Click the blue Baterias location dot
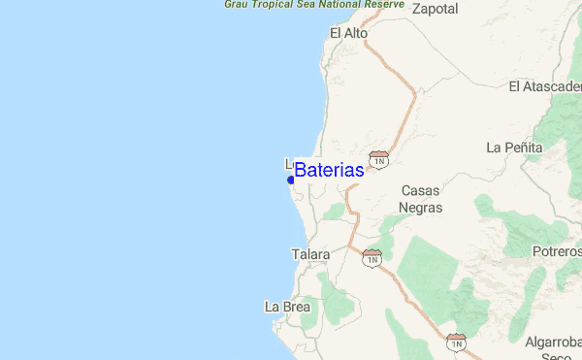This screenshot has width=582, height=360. coord(290,180)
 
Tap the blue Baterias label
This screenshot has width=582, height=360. coord(330,170)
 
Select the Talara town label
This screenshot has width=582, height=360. coord(310,255)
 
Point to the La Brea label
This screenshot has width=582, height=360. coord(287,307)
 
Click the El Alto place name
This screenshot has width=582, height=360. coord(349,33)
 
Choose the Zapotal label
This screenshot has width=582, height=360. coord(436,9)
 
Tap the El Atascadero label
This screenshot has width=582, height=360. coord(544,87)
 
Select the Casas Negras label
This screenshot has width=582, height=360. coord(421,199)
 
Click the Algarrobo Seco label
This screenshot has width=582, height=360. coord(554,348)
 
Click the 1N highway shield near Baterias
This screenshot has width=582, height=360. coord(378,157)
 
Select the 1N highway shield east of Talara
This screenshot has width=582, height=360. coord(372,257)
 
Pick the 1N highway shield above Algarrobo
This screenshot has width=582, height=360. coord(456,341)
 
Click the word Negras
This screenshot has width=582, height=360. coord(421,208)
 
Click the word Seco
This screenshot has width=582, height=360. coord(558,356)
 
